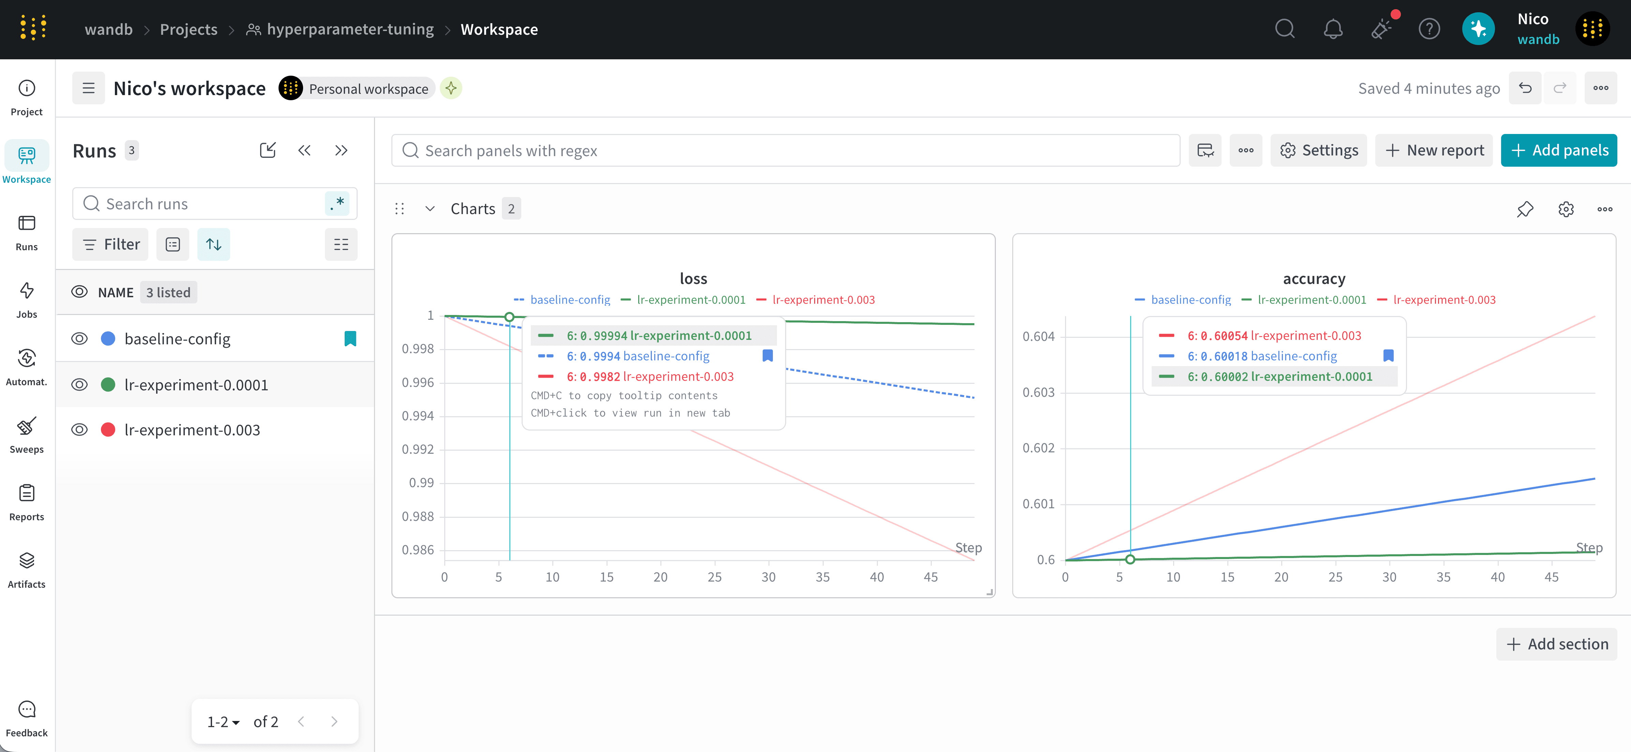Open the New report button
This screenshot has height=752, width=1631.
[x=1434, y=150]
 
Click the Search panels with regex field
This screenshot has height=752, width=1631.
[x=785, y=150]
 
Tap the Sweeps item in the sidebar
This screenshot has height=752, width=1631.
[x=27, y=436]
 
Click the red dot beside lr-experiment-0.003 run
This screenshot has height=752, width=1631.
[x=108, y=430]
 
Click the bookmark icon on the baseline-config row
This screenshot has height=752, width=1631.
[x=350, y=339]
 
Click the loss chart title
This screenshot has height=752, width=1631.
[x=693, y=279]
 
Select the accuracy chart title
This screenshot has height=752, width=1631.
[x=1314, y=279]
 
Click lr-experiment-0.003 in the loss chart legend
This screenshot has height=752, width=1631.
[x=823, y=299]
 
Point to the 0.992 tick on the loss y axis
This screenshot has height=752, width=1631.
[x=418, y=449]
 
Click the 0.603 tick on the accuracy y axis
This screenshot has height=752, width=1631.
[x=1038, y=392]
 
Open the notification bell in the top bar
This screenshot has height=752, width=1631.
[x=1333, y=29]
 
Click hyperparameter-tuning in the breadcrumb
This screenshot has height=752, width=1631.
[x=350, y=29]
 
